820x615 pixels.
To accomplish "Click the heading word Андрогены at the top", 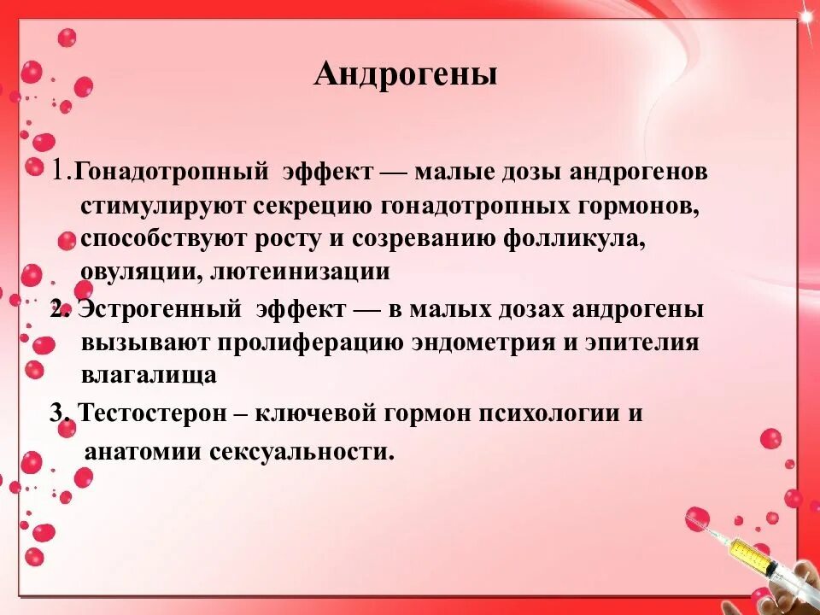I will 405,75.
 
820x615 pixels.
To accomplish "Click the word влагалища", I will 149,375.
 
